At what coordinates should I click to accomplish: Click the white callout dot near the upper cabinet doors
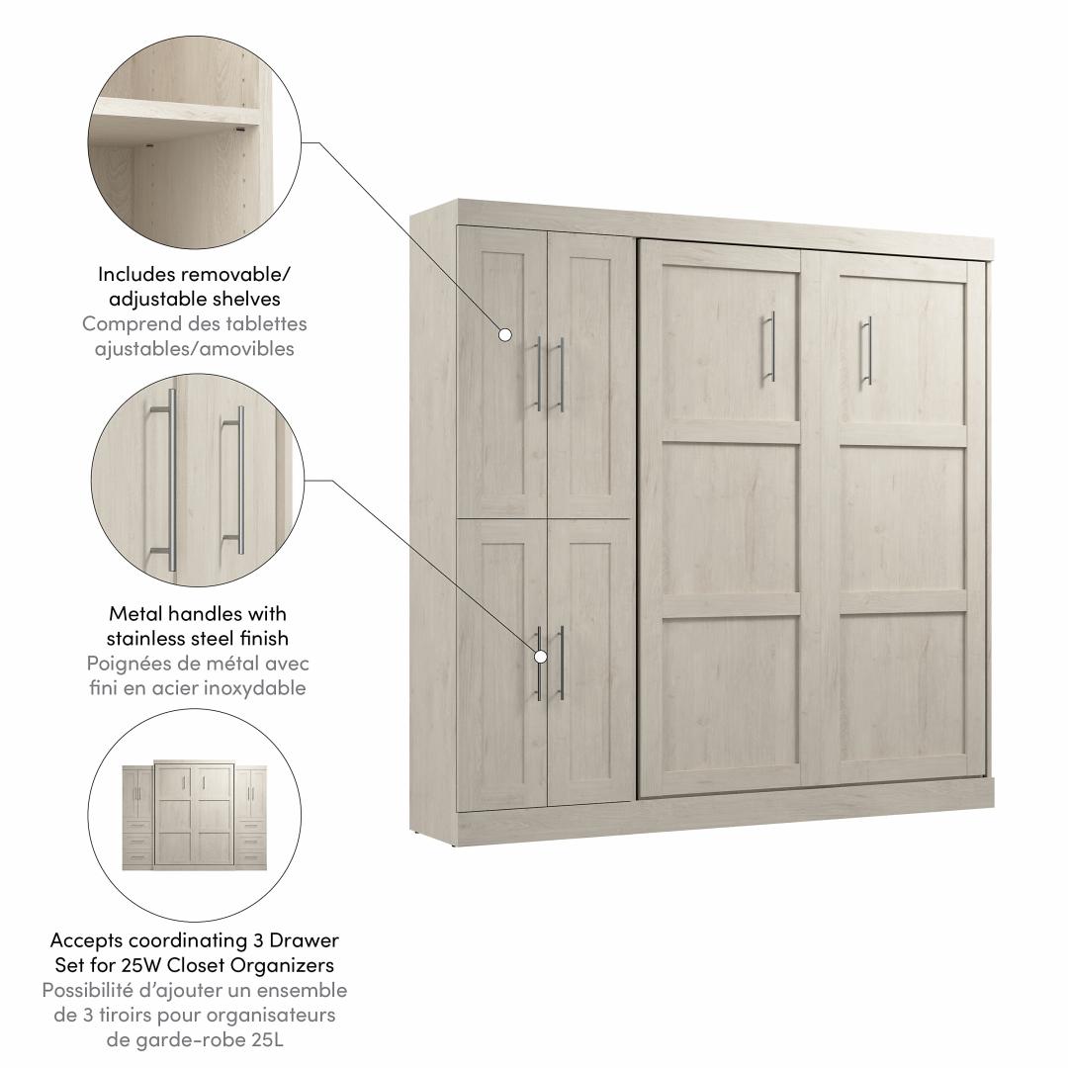505,334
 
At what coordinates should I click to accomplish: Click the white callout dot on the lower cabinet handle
541,657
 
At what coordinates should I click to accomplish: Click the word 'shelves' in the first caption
246,299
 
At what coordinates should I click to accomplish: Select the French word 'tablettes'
266,323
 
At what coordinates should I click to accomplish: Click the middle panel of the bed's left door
730,519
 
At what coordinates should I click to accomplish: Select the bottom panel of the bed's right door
902,686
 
